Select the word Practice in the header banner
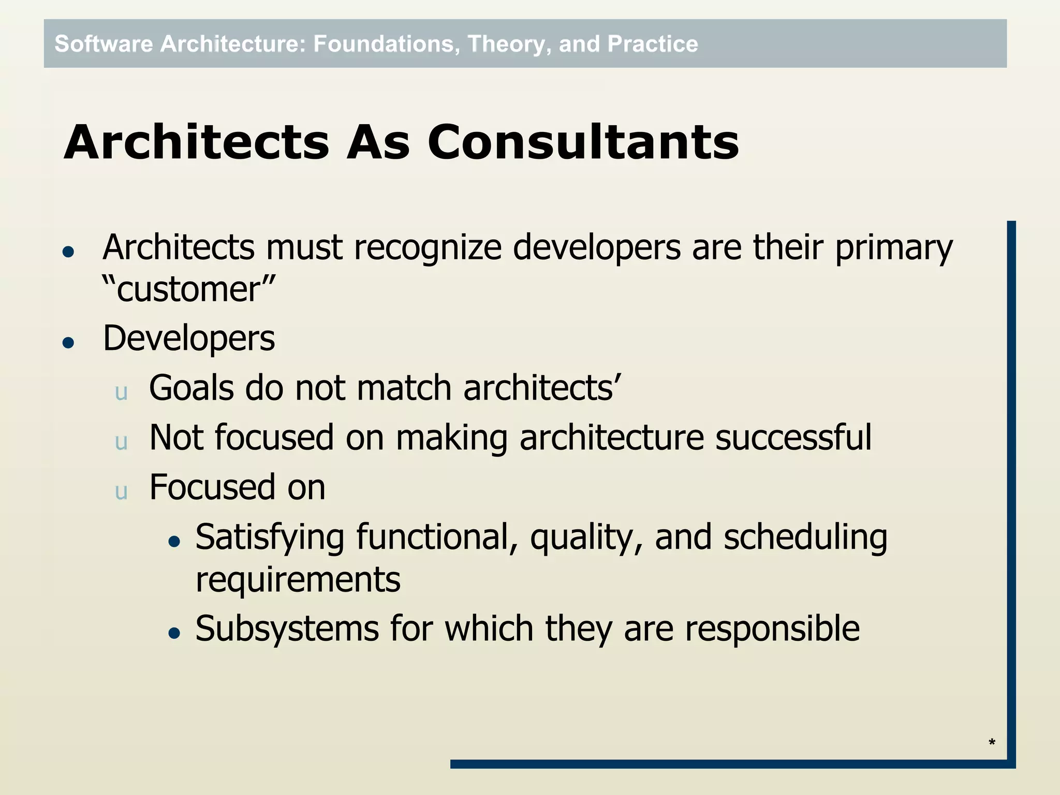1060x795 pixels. [652, 44]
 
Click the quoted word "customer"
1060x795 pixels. [188, 289]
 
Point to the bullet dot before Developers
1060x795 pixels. [68, 343]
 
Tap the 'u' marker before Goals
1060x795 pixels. [121, 392]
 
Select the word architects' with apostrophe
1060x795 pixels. [541, 388]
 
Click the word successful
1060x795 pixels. [793, 437]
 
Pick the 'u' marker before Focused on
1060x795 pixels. [121, 492]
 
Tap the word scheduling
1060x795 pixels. [805, 537]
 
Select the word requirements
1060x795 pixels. [298, 580]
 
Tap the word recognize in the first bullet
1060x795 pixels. [428, 247]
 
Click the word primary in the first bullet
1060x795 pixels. [893, 247]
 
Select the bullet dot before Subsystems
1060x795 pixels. [174, 632]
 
